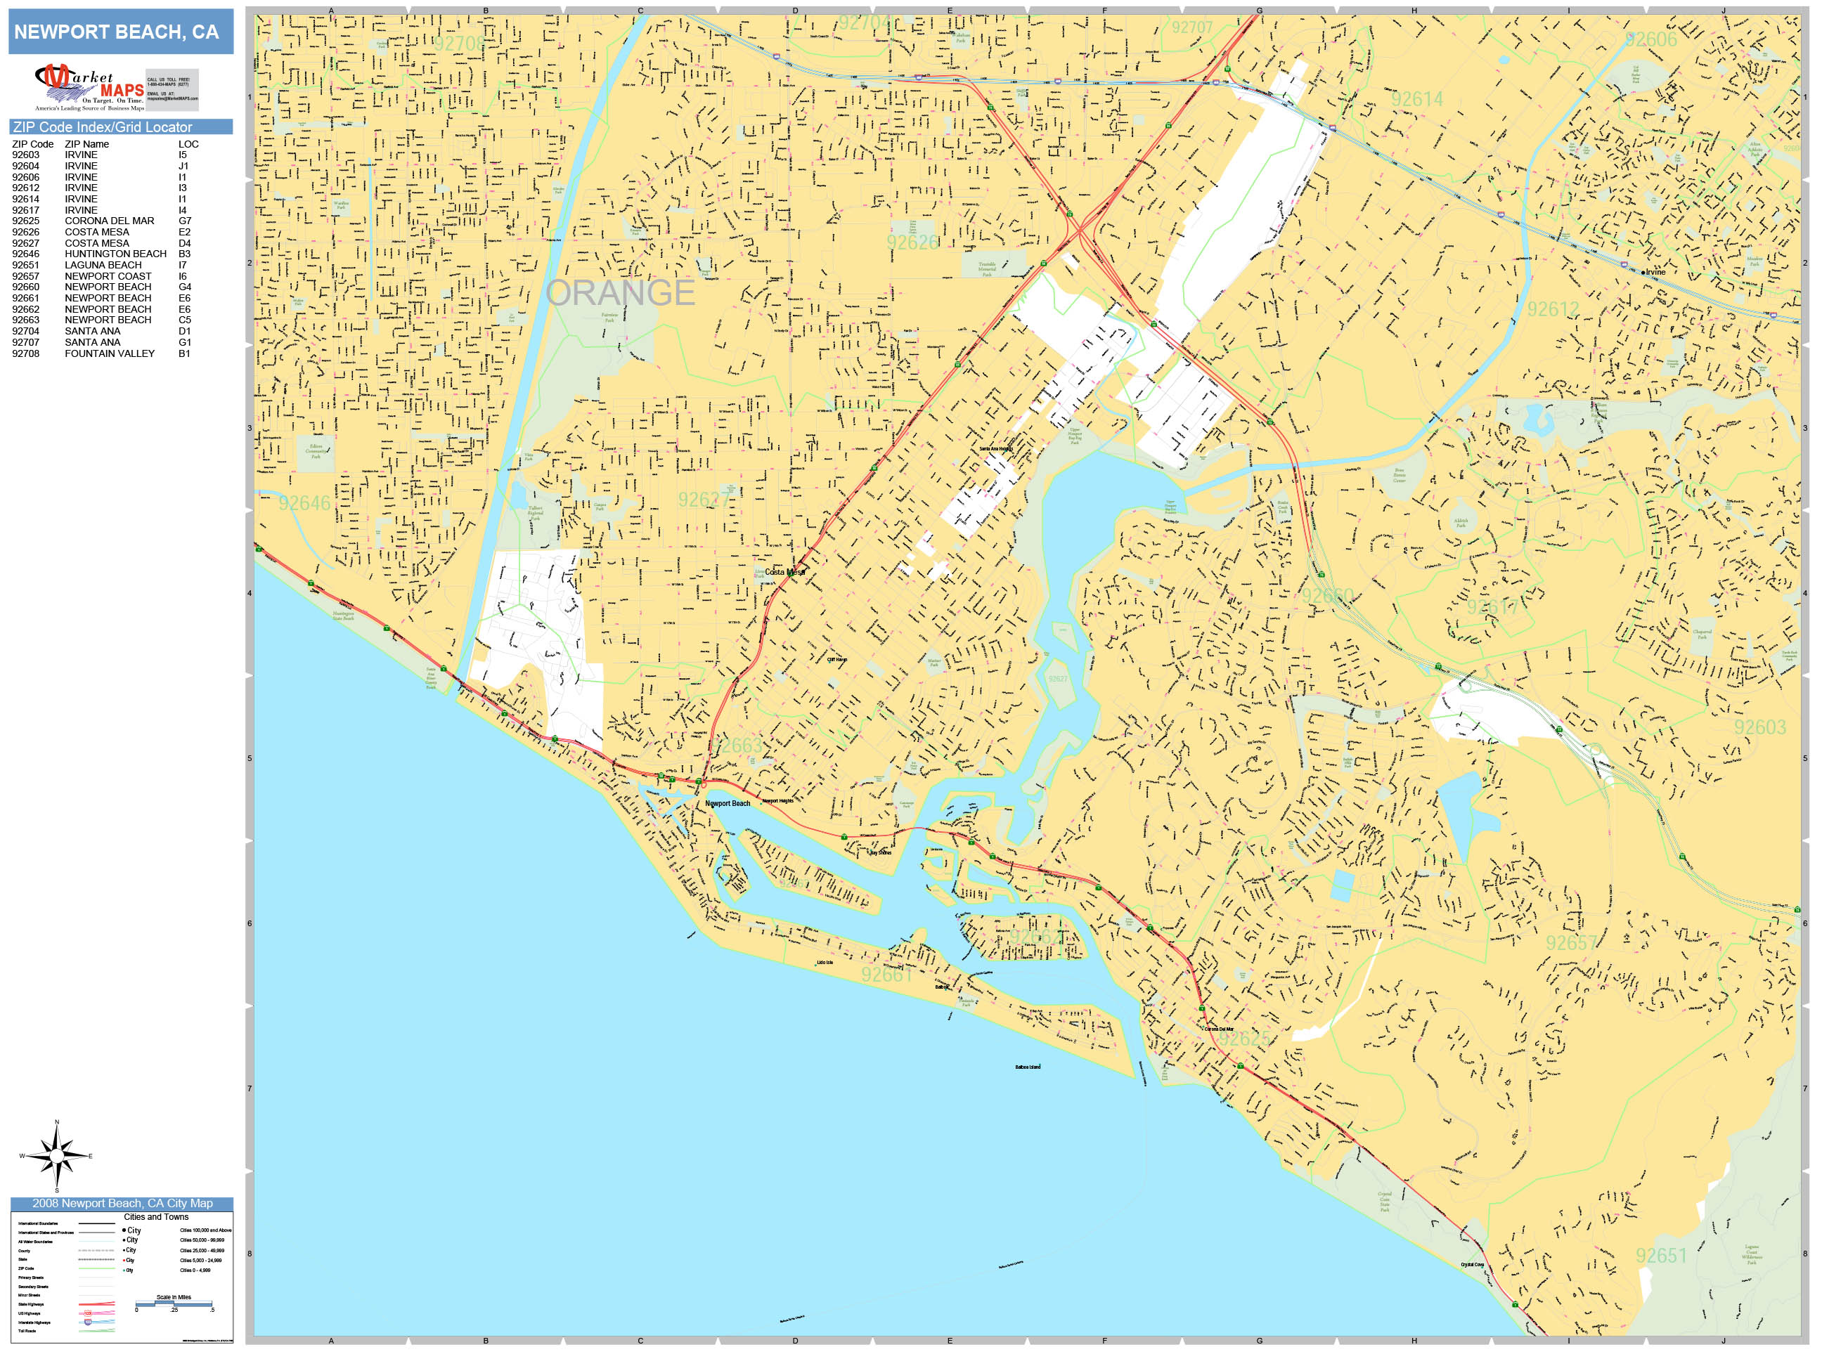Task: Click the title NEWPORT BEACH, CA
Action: tap(116, 32)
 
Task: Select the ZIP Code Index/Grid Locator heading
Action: tap(102, 126)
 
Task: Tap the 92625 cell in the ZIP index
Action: tap(25, 221)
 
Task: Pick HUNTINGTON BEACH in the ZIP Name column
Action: tap(115, 254)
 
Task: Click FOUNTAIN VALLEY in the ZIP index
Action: tap(110, 353)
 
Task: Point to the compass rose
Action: tap(57, 1156)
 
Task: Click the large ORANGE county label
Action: tap(619, 292)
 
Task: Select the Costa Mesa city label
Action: tap(784, 571)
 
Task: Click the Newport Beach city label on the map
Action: tap(728, 802)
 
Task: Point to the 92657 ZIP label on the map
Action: tap(1571, 943)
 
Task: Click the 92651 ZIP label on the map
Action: tap(1662, 1255)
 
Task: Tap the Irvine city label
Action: tap(1654, 272)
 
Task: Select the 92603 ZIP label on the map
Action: tap(1760, 727)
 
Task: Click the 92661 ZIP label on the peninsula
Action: tap(886, 974)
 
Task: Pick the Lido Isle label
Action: tap(825, 963)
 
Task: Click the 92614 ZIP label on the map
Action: tap(1416, 99)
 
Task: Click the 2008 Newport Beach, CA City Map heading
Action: tap(122, 1203)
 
